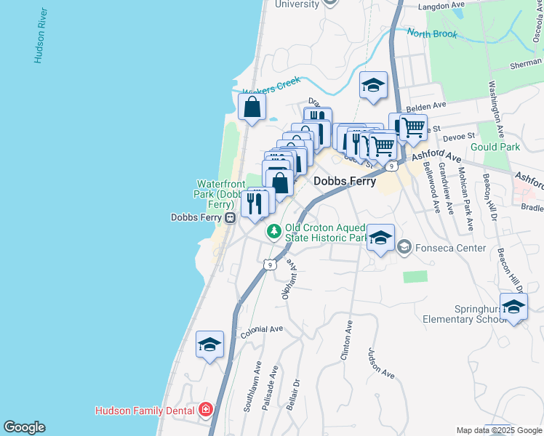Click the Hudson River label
click(x=41, y=36)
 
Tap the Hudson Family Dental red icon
click(x=206, y=410)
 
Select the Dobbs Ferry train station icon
click(x=230, y=217)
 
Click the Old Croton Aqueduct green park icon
click(x=273, y=232)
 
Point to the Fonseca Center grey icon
click(x=404, y=248)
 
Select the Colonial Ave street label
click(x=261, y=329)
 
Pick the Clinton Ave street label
click(x=346, y=342)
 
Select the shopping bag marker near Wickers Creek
click(x=252, y=108)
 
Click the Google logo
click(x=24, y=427)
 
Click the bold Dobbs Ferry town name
click(x=345, y=182)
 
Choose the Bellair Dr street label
click(x=292, y=393)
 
